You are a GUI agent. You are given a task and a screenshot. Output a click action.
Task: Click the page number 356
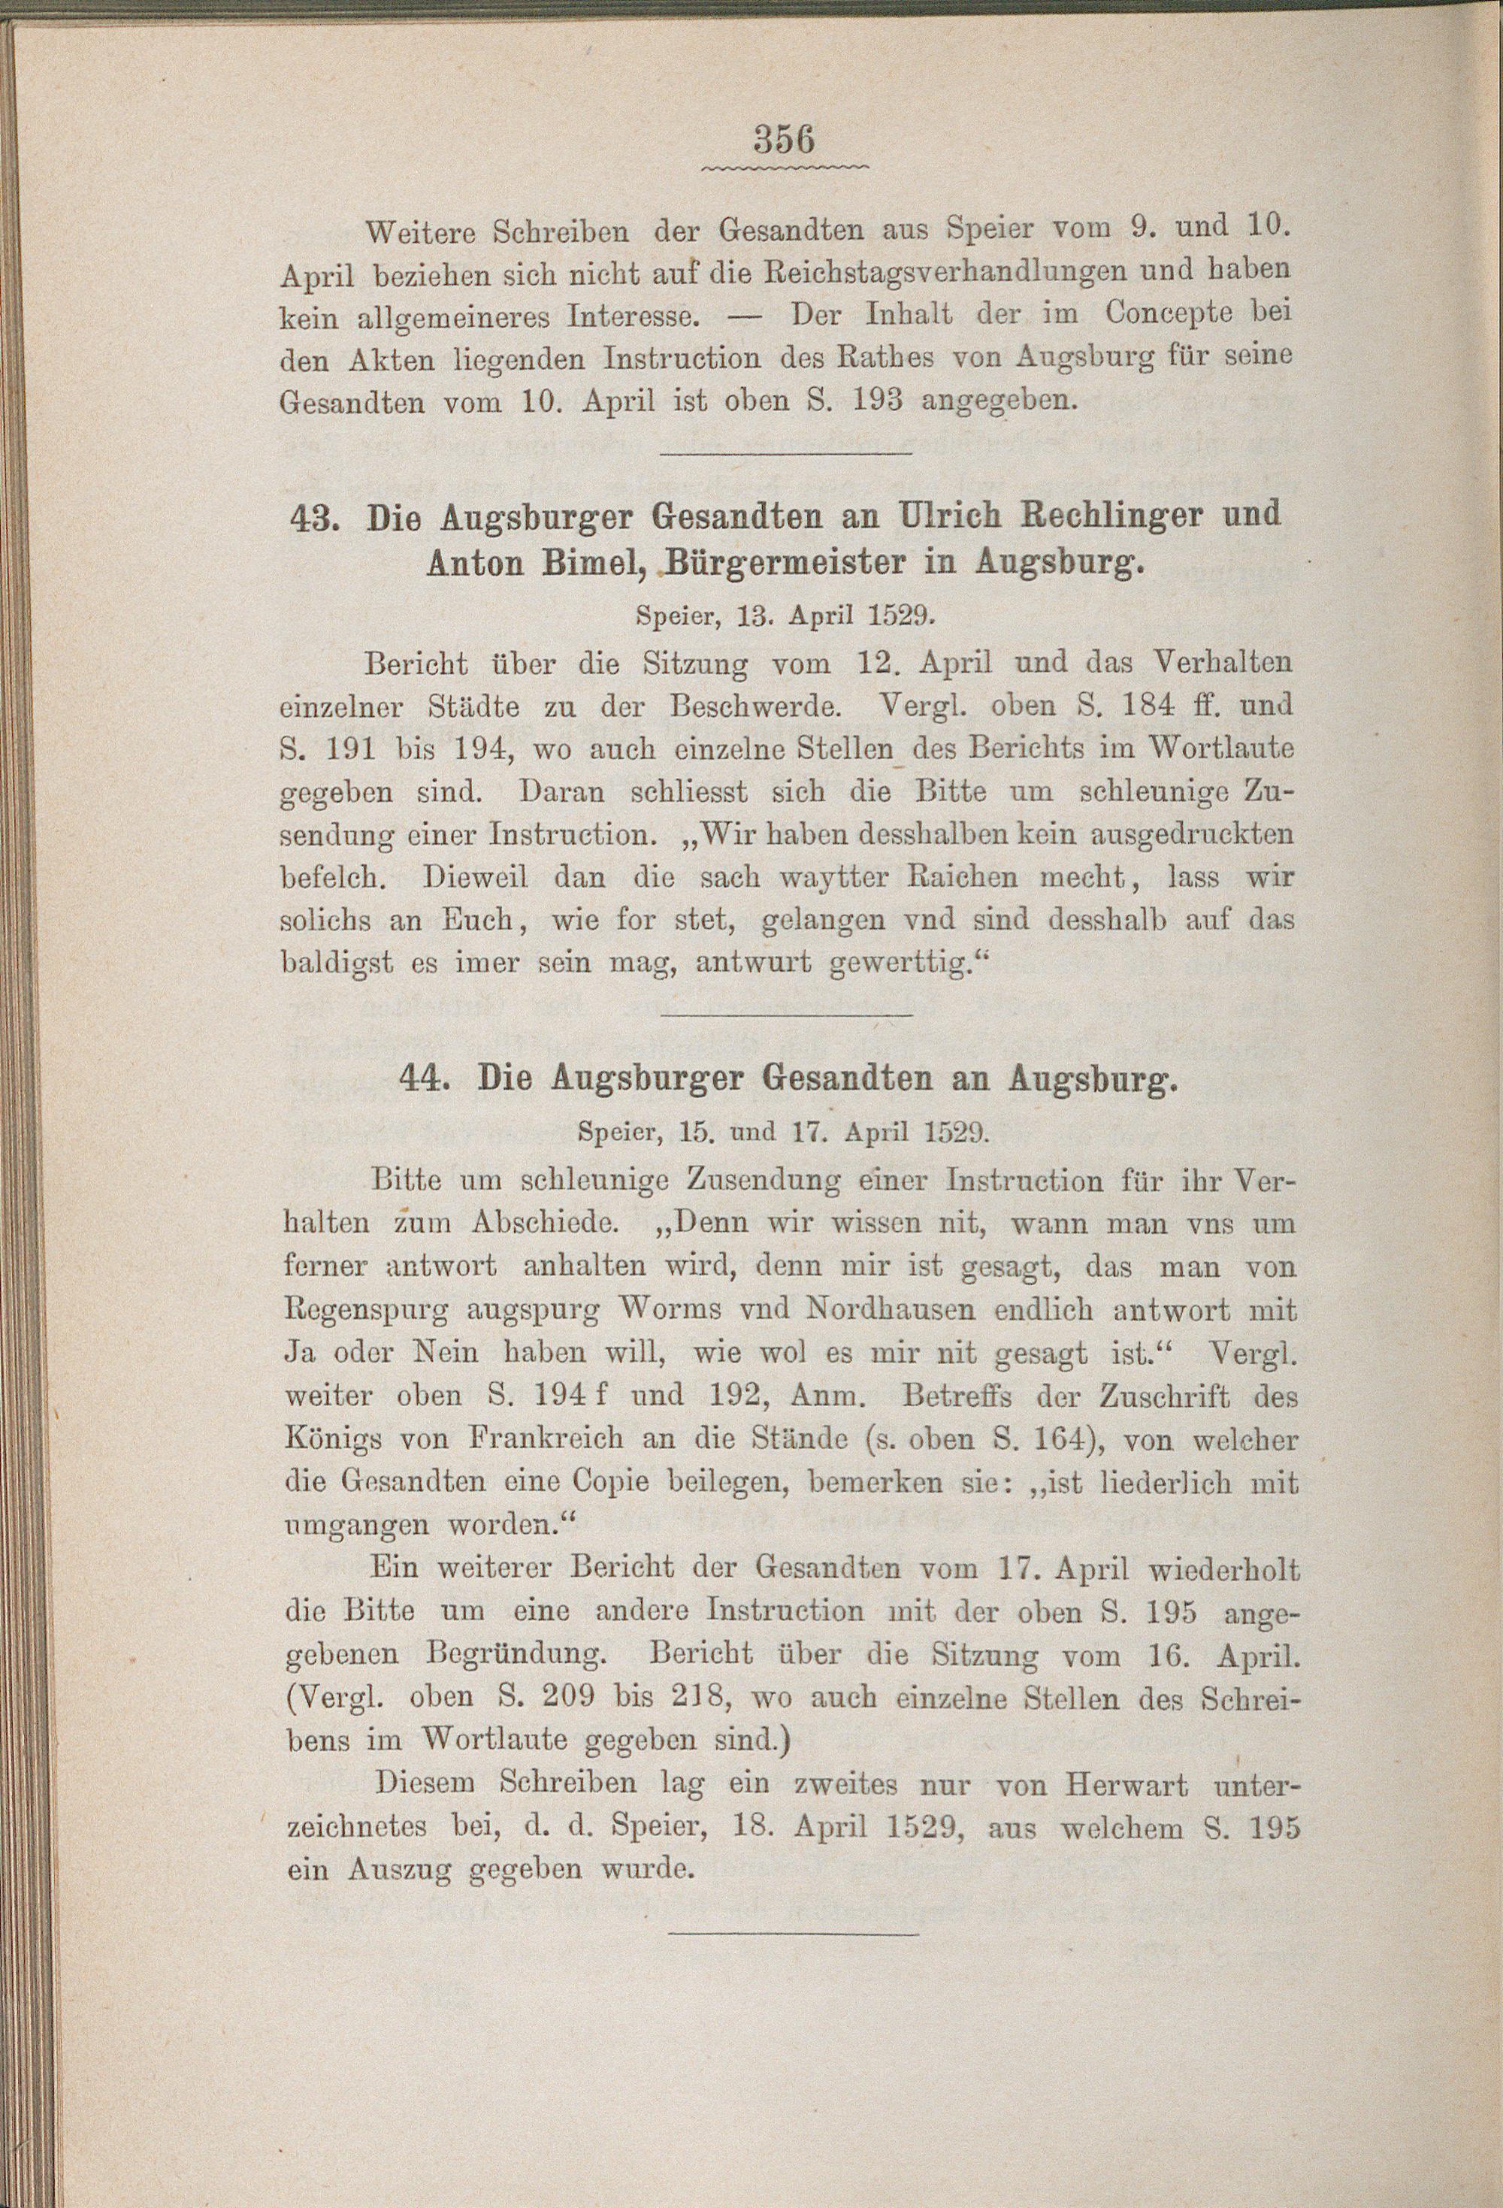pyautogui.click(x=784, y=141)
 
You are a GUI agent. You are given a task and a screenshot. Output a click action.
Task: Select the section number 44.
pyautogui.click(x=425, y=1079)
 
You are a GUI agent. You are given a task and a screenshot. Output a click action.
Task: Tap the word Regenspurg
pyautogui.click(x=366, y=1311)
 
